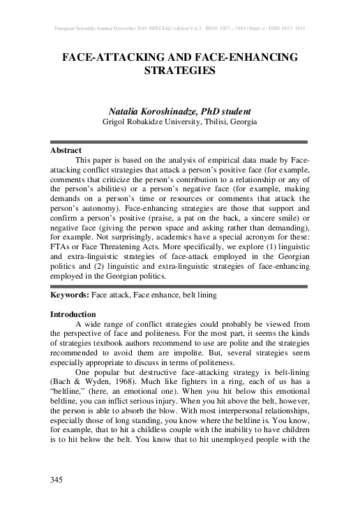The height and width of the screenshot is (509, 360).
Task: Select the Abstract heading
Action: [66, 150]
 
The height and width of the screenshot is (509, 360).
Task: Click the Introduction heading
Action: [73, 314]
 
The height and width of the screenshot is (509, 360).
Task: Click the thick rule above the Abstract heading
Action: [180, 142]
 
